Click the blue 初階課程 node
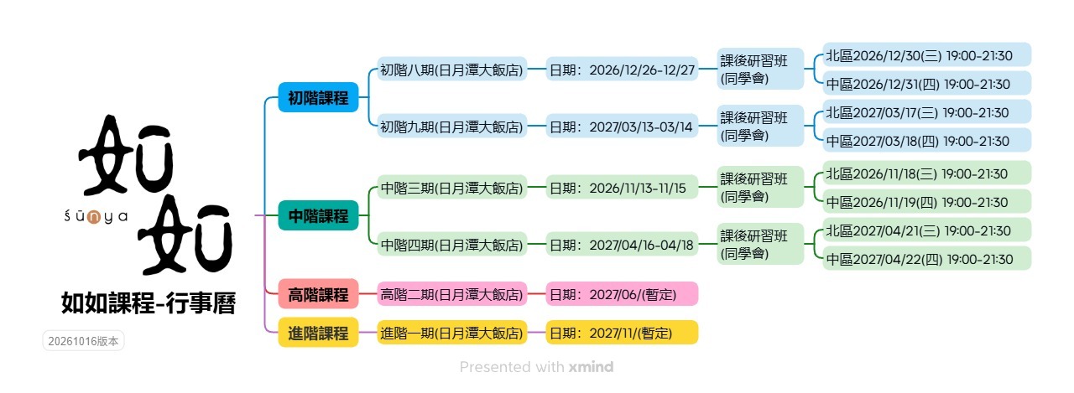318,97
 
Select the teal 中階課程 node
318,215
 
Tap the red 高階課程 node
318,294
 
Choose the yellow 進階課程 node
318,333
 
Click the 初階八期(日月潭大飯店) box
451,70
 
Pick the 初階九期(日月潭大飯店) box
451,127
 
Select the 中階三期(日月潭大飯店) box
451,188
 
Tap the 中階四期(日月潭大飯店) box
451,245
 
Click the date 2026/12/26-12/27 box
622,70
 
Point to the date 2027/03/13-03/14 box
622,127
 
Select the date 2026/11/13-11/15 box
622,188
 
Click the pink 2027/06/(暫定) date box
622,294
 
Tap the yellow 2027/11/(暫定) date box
622,333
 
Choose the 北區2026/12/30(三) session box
927,55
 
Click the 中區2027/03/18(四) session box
927,141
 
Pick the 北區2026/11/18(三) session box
927,173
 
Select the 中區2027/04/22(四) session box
927,259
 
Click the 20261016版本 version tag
83,341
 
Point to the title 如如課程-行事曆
149,303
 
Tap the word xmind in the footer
591,367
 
